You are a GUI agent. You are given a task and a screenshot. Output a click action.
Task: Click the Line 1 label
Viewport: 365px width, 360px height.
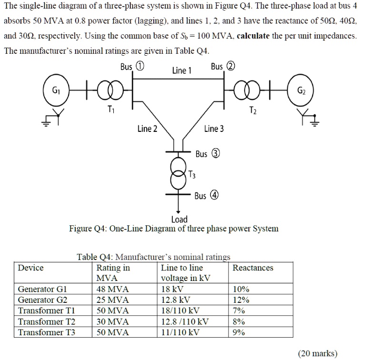point(181,71)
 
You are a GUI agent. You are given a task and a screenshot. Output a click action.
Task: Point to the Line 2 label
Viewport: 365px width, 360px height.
point(147,129)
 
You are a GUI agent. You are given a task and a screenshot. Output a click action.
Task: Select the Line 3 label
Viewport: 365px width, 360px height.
point(214,129)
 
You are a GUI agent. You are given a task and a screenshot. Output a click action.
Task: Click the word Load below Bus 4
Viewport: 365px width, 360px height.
point(179,219)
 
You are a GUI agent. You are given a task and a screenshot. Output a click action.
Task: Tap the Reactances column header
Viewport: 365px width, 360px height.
point(253,268)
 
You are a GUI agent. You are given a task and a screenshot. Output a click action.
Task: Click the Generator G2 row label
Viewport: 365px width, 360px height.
point(42,300)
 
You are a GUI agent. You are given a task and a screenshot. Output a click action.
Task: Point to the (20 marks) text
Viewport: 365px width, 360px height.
point(317,353)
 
